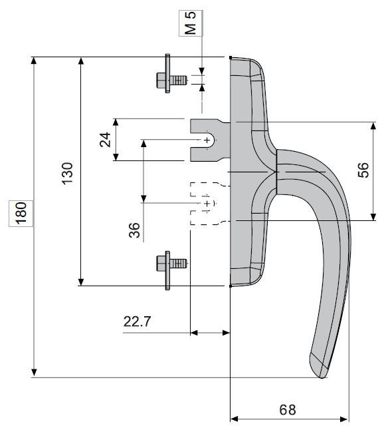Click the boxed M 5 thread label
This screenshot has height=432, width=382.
[x=191, y=23]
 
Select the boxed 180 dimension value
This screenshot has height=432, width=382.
[x=21, y=214]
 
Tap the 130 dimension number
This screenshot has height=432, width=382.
[x=67, y=174]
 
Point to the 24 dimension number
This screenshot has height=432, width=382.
[x=106, y=140]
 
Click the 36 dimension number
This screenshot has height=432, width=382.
[x=134, y=230]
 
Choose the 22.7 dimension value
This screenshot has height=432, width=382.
[x=138, y=322]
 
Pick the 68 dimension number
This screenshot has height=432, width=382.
[x=288, y=409]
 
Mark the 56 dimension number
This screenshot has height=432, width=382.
[x=363, y=170]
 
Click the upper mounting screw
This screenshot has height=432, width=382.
[x=172, y=74]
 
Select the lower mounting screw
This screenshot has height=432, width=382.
[x=172, y=270]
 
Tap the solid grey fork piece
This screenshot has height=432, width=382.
[x=210, y=140]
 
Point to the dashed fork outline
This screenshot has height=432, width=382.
[x=210, y=204]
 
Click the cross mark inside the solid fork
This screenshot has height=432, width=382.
[x=207, y=140]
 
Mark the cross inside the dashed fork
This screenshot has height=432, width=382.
[x=207, y=204]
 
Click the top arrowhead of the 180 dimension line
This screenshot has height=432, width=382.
[x=34, y=61]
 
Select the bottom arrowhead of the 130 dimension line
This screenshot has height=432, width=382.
[x=81, y=282]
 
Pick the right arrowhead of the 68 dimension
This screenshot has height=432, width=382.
[x=344, y=419]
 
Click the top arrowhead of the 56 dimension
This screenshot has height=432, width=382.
[x=373, y=126]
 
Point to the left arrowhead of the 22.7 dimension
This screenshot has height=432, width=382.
[x=194, y=333]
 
